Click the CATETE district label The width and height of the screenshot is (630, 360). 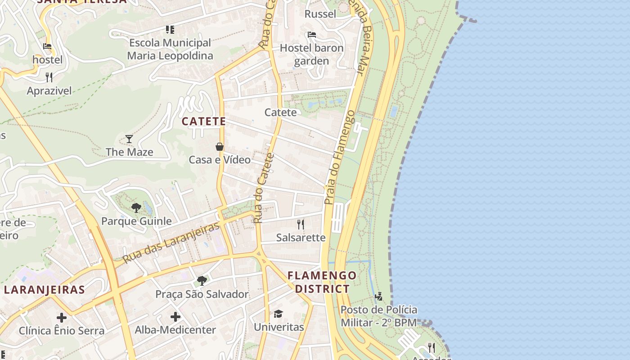(203, 121)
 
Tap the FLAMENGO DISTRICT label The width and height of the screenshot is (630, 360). (322, 282)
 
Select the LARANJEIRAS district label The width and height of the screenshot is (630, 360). (44, 289)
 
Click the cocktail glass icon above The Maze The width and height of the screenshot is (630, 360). (129, 139)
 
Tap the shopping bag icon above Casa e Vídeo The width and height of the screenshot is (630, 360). (220, 147)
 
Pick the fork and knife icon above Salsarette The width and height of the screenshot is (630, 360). (301, 224)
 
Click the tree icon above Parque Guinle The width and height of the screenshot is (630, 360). (136, 207)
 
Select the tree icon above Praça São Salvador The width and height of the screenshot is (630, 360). (202, 281)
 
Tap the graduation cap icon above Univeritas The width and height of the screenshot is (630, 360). (279, 314)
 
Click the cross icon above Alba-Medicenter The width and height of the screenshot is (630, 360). (175, 317)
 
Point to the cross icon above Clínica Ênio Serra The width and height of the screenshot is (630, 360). (62, 318)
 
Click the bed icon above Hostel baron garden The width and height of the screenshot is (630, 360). (311, 35)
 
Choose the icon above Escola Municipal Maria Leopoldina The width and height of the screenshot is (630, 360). (170, 30)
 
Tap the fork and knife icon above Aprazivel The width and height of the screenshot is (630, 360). (49, 77)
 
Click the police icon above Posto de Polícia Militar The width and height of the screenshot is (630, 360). (378, 297)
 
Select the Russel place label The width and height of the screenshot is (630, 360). (320, 14)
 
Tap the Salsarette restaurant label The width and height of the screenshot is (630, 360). (301, 238)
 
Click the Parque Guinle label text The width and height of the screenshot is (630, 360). (136, 221)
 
